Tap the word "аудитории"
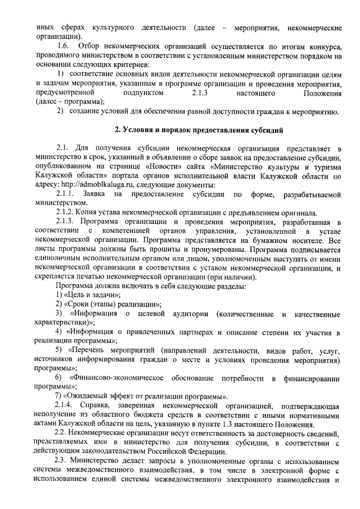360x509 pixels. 191,313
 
